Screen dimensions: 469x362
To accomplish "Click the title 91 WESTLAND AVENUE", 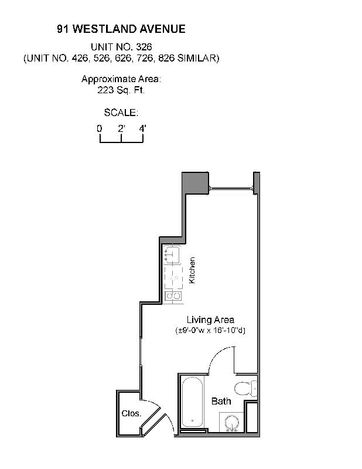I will point(121,29).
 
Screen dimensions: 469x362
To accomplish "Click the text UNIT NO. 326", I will point(121,47).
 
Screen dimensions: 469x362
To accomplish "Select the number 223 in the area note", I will point(105,91).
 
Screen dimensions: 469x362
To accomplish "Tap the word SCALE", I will point(121,113).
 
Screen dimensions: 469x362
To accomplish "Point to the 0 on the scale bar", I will point(100,128).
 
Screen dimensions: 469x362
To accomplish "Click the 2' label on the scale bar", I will point(121,128).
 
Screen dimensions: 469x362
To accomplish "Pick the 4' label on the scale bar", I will point(142,128).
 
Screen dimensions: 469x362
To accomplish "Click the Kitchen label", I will point(192,270).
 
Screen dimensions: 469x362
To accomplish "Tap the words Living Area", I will point(210,320).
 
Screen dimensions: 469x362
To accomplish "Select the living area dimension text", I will point(210,330).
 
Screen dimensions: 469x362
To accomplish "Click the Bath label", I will point(221,402).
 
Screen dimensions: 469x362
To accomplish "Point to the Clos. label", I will point(131,413).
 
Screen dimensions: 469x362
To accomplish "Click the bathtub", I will point(192,403).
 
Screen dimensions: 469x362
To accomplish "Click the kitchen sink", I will point(172,254).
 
